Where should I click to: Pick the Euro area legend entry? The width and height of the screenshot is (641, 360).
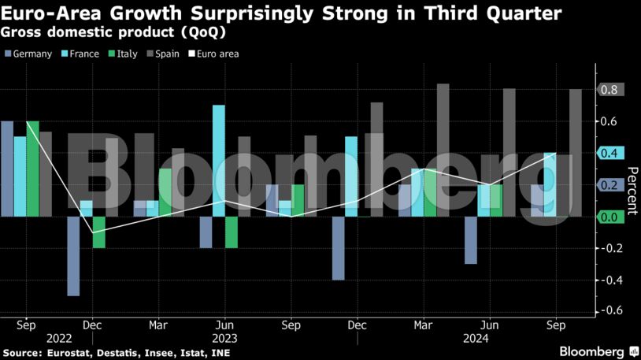[x=216, y=54]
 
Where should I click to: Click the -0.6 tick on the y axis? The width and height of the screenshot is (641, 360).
[x=610, y=311]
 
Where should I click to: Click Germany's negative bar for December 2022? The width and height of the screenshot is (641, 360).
[x=73, y=256]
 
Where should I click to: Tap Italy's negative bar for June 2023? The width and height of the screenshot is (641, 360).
[x=232, y=232]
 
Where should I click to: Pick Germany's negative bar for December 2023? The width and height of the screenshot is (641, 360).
[x=339, y=247]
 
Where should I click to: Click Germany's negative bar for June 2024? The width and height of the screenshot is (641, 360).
[x=471, y=239]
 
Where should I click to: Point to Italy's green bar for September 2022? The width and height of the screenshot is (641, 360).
[x=32, y=169]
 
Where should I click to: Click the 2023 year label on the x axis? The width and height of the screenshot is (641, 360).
[x=224, y=337]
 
